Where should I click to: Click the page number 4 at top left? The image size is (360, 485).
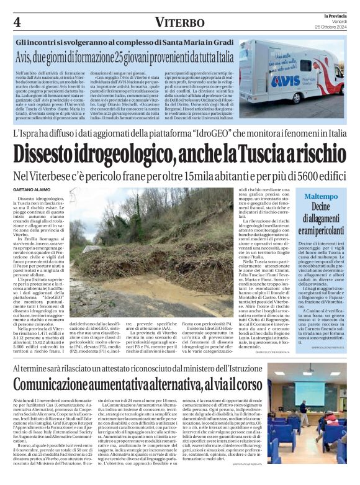(x=17, y=22)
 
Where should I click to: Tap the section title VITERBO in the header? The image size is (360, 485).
(x=179, y=22)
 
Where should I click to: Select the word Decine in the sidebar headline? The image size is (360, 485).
(x=321, y=207)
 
